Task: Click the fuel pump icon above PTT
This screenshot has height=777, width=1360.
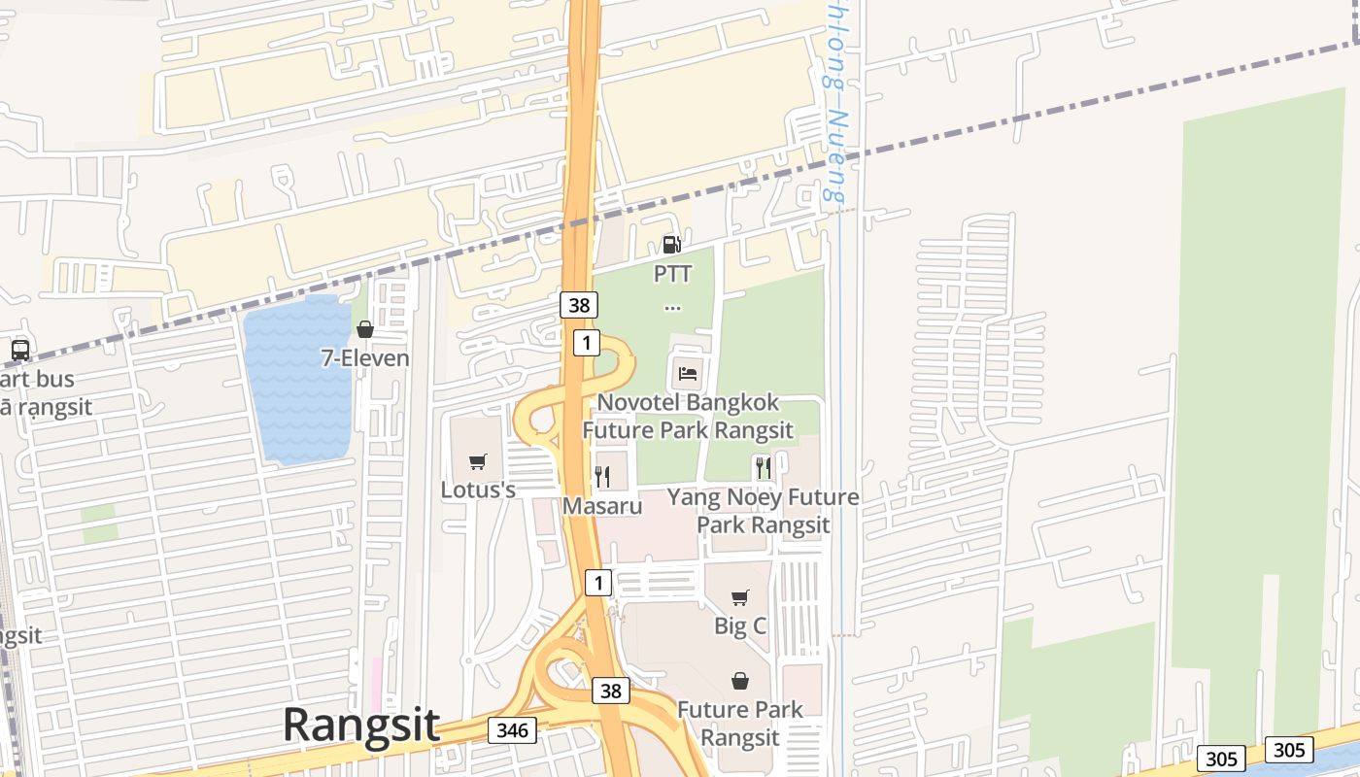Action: pos(671,244)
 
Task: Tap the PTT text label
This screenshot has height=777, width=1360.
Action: pos(672,274)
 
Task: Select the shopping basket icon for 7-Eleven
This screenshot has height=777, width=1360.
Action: pos(365,329)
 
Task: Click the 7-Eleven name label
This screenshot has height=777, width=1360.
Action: pos(365,358)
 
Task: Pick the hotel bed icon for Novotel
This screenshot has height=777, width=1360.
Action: pos(687,373)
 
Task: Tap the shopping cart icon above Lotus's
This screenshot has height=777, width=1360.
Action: pos(477,461)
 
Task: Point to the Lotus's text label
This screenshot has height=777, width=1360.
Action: pos(478,490)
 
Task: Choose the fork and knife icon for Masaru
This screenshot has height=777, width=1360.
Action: pos(602,476)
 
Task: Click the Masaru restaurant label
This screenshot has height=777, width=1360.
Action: pos(602,506)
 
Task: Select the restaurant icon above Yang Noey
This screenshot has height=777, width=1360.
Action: pos(763,467)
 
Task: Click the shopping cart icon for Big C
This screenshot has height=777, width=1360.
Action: pos(740,597)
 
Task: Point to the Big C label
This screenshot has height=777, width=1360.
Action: pos(740,625)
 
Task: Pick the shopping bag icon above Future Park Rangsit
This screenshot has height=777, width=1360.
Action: pos(740,681)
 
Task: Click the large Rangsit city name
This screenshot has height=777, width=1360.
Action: pos(360,726)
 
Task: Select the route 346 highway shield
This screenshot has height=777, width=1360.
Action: pos(512,729)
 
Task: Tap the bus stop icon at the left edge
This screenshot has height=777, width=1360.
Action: pos(19,350)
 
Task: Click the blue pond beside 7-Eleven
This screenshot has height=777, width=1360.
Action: pos(296,379)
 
